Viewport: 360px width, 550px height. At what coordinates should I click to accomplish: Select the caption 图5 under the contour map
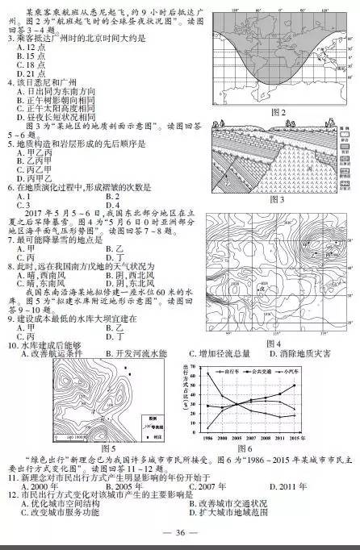pyautogui.click(x=109, y=448)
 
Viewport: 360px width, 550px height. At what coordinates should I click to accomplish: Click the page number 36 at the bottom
pyautogui.click(x=180, y=532)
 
